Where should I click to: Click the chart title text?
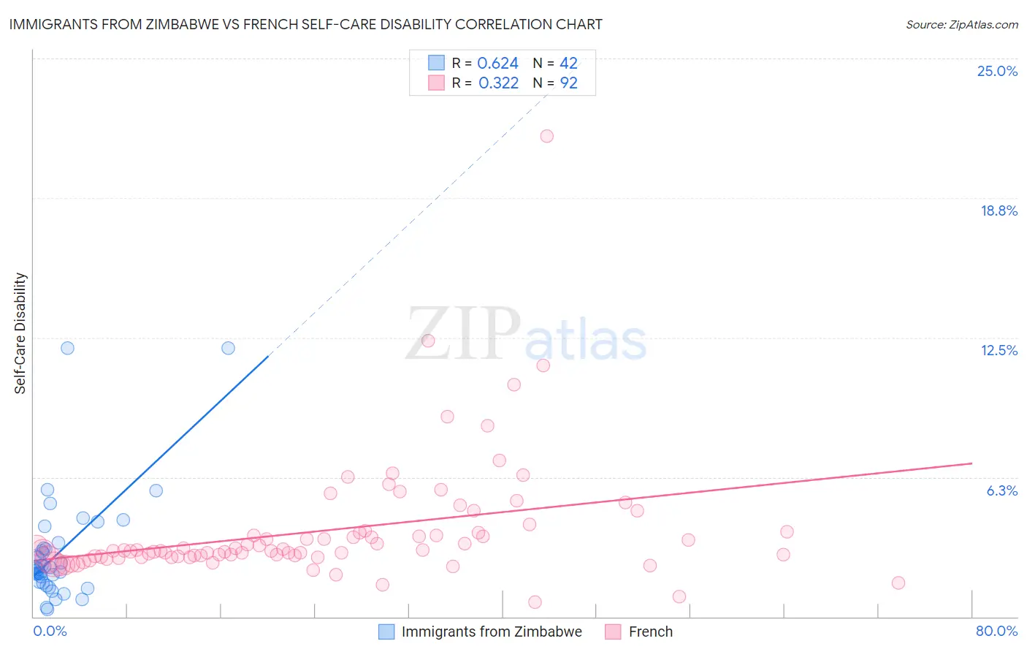pyautogui.click(x=305, y=24)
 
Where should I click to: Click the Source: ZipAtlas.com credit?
pyautogui.click(x=961, y=24)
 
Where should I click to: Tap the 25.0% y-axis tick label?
pyautogui.click(x=997, y=71)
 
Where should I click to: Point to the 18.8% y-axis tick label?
pyautogui.click(x=999, y=211)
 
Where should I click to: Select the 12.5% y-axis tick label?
pyautogui.click(x=999, y=350)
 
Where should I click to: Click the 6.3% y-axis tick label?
pyautogui.click(x=1001, y=490)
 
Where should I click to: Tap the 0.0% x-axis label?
pyautogui.click(x=50, y=631)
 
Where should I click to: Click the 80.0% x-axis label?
pyautogui.click(x=996, y=631)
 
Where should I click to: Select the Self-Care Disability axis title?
pyautogui.click(x=20, y=333)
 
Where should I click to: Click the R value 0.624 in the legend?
pyautogui.click(x=497, y=64)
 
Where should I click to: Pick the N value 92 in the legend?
pyautogui.click(x=568, y=83)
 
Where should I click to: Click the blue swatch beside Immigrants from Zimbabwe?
pyautogui.click(x=386, y=632)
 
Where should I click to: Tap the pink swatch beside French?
pyautogui.click(x=613, y=632)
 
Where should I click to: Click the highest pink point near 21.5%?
pyautogui.click(x=546, y=136)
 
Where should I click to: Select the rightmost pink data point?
pyautogui.click(x=898, y=583)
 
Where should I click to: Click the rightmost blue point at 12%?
pyautogui.click(x=228, y=348)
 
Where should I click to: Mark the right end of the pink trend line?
pyautogui.click(x=971, y=463)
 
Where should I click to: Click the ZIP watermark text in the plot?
pyautogui.click(x=463, y=333)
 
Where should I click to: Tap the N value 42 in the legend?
pyautogui.click(x=568, y=64)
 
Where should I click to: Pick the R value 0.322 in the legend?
pyautogui.click(x=498, y=83)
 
